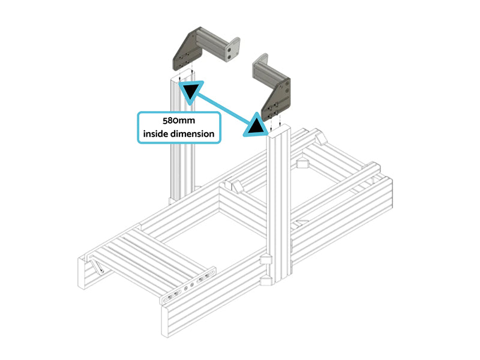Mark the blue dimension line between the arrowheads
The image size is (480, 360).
(223, 108)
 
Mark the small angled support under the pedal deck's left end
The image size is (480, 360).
(98, 266)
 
